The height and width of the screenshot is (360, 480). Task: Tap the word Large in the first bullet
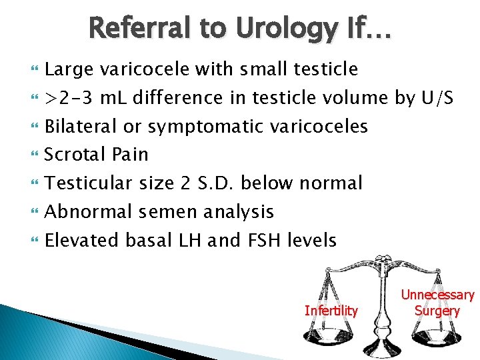pos(69,69)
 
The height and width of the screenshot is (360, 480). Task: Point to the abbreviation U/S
pos(437,98)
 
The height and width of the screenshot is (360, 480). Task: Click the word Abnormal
pos(89,211)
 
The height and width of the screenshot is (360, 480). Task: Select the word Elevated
pos(83,240)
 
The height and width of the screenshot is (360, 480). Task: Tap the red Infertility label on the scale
pos(331,310)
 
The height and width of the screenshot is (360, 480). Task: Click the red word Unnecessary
pos(437,295)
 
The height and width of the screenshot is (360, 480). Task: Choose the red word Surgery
pos(437,310)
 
